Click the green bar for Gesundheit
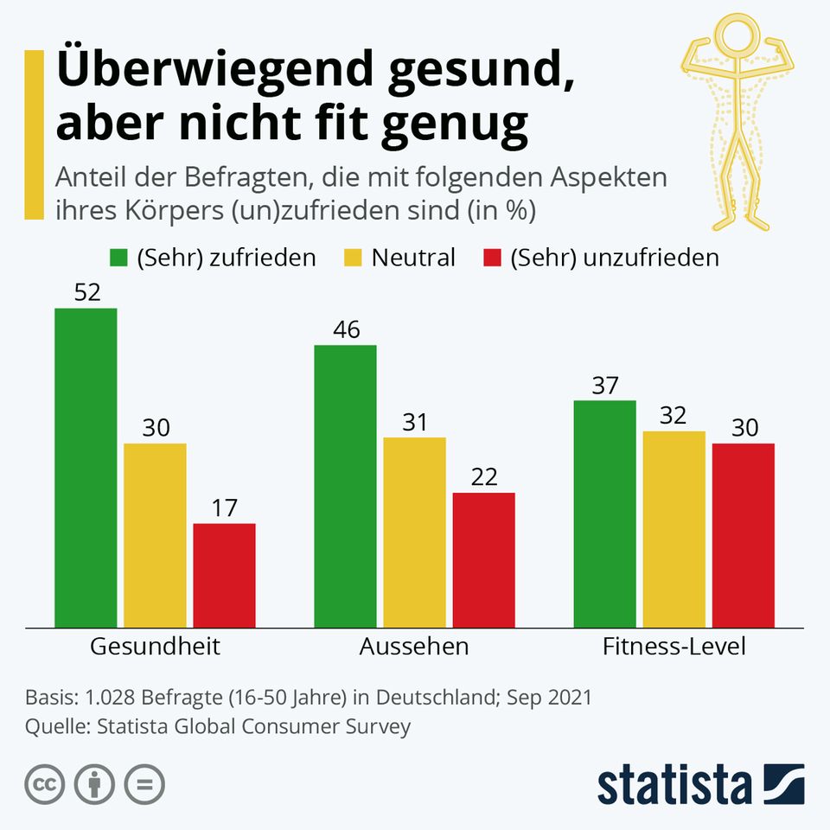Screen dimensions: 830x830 (x=86, y=467)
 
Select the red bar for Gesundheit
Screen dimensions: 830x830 (x=224, y=575)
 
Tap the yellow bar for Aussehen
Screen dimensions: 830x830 (x=414, y=532)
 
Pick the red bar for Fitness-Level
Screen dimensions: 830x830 (x=743, y=535)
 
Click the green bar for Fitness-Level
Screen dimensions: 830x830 (x=604, y=514)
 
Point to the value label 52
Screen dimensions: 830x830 (x=86, y=293)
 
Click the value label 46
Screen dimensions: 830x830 (x=345, y=330)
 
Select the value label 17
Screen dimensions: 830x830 (x=224, y=508)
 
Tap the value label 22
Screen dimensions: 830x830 (x=483, y=477)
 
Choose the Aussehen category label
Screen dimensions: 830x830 (x=414, y=647)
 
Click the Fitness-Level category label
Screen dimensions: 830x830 (x=674, y=647)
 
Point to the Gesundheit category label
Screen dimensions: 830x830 (x=156, y=647)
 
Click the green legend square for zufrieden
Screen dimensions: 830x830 (x=118, y=258)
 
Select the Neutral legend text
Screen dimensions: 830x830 (x=413, y=258)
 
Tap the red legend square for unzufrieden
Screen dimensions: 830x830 (x=491, y=258)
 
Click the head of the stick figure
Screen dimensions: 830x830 (x=737, y=37)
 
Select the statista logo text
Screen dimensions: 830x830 (x=674, y=785)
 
